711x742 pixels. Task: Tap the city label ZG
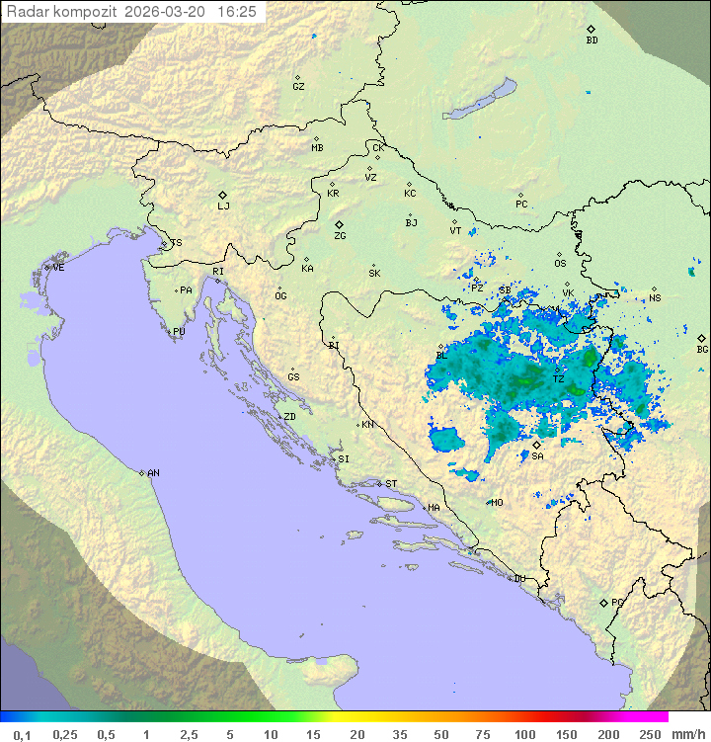click(340, 236)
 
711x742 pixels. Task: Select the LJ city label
click(223, 206)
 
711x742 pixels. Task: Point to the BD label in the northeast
click(592, 41)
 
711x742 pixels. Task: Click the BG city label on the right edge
click(702, 349)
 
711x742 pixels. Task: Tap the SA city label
click(537, 455)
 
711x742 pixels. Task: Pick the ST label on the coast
click(391, 484)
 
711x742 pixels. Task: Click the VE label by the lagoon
click(58, 268)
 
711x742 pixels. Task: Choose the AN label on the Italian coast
click(153, 473)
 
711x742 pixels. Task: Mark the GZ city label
click(298, 86)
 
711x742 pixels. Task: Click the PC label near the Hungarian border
click(521, 205)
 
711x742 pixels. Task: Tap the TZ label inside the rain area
click(558, 379)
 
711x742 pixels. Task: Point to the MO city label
click(497, 502)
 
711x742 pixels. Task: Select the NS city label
click(655, 297)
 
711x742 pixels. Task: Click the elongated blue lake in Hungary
click(479, 100)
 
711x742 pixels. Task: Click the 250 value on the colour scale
click(649, 734)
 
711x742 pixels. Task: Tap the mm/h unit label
click(687, 734)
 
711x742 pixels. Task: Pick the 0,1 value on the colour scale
click(22, 734)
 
